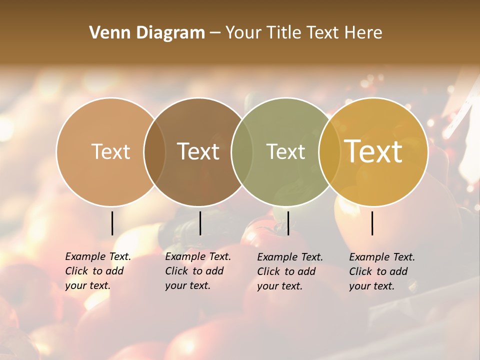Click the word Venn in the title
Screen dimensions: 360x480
[107, 33]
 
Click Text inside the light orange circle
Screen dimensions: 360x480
[110, 151]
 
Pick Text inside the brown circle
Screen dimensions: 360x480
[198, 151]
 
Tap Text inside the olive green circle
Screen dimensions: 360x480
[285, 151]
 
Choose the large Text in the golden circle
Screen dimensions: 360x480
[373, 151]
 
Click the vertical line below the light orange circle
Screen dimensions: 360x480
[112, 223]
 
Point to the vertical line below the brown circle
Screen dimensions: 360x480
[200, 223]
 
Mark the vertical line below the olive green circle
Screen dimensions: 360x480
[288, 223]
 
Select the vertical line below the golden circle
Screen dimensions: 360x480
[372, 223]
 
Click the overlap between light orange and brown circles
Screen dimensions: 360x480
[154, 151]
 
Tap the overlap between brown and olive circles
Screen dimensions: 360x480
[242, 151]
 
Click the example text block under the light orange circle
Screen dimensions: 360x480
[98, 271]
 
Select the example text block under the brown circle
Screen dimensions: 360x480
[198, 271]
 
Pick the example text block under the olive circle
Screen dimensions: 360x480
[290, 271]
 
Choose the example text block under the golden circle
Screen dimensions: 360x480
[382, 271]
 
